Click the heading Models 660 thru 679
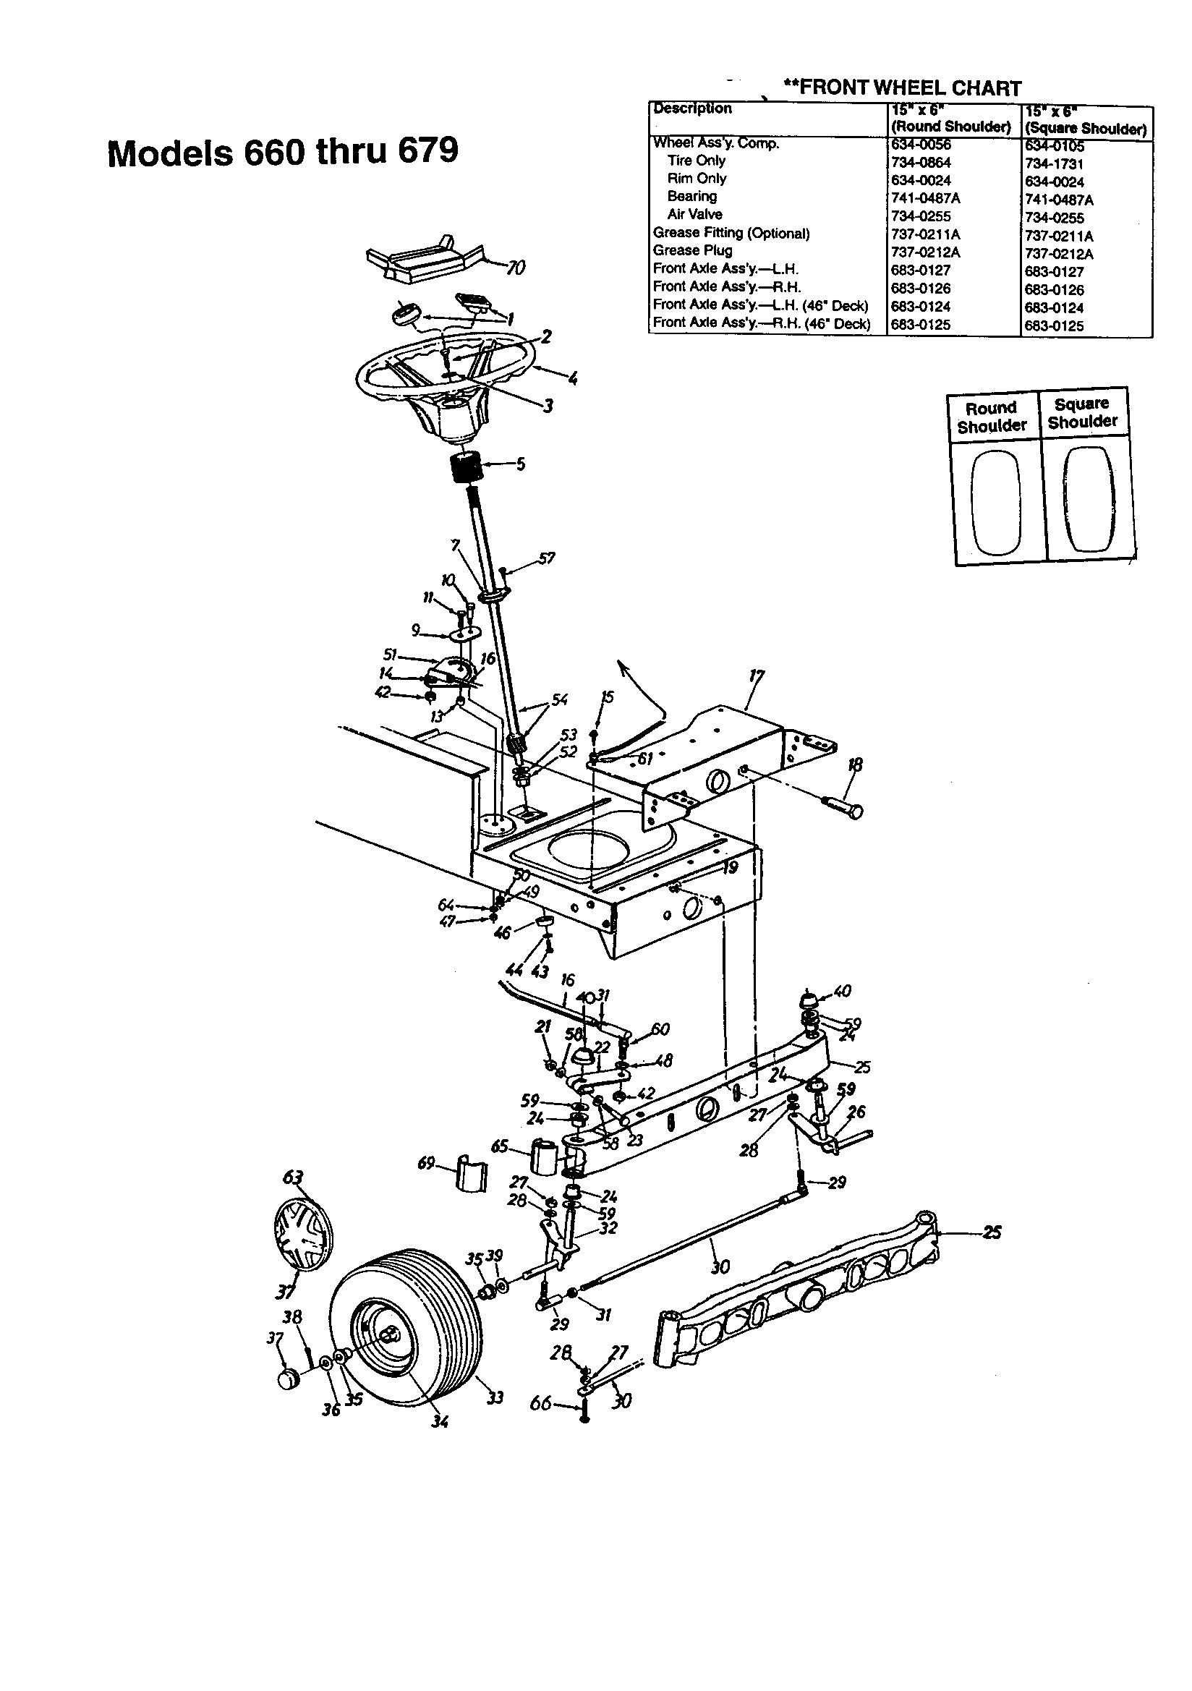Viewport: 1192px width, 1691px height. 283,152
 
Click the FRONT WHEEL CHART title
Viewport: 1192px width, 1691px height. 902,88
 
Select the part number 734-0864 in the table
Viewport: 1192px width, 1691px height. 920,163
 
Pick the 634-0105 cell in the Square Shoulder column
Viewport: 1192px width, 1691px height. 1054,146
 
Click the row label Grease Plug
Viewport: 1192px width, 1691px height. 691,250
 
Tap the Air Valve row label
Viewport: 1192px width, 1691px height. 694,214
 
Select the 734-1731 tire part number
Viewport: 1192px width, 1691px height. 1054,163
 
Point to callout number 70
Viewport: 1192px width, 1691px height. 516,268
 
